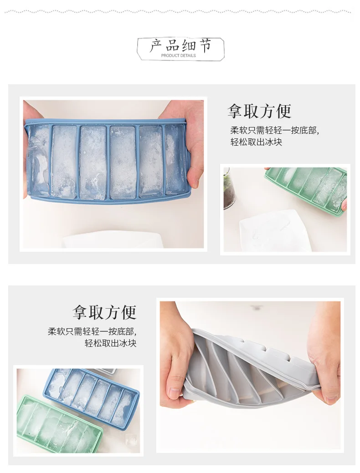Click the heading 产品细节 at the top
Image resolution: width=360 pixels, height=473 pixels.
pyautogui.click(x=180, y=46)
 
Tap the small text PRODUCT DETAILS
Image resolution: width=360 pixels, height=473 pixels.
pyautogui.click(x=179, y=56)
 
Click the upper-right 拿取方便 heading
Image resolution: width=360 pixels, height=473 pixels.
pyautogui.click(x=259, y=111)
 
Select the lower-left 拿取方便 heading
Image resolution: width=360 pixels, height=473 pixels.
pyautogui.click(x=104, y=312)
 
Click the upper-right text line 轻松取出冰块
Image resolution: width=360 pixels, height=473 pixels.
pyautogui.click(x=256, y=142)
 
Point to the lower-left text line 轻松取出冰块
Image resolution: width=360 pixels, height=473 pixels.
pyautogui.click(x=111, y=343)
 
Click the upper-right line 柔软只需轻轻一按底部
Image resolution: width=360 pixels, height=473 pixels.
pyautogui.click(x=274, y=130)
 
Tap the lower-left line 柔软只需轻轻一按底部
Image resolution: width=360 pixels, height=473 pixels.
pyautogui.click(x=92, y=332)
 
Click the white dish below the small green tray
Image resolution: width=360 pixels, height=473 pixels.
pyautogui.click(x=275, y=231)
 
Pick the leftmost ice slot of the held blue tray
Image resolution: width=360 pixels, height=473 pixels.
pyautogui.click(x=38, y=162)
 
